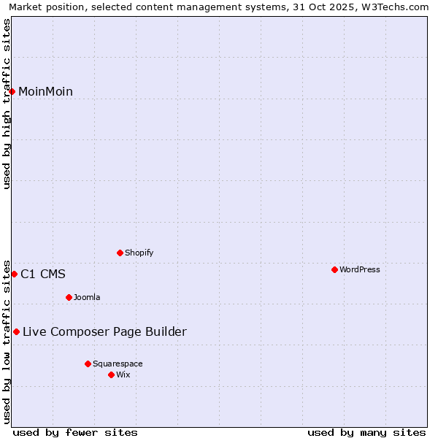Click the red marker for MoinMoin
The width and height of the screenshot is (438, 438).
coord(12,91)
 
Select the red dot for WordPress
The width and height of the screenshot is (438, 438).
coord(334,269)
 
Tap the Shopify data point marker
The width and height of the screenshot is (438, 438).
coord(120,253)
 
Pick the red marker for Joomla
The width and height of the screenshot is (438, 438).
coord(69,297)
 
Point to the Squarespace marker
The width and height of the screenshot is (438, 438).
coord(88,364)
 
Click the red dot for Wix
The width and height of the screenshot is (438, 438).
coord(111,374)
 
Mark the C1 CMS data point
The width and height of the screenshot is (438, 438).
coord(14,274)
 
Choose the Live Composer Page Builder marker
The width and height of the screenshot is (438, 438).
coord(16,331)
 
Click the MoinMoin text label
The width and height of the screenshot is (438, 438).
coord(45,91)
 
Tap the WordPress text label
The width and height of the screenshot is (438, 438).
coord(359,269)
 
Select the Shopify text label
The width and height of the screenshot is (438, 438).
coord(139,253)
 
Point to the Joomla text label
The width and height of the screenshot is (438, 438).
coord(87,297)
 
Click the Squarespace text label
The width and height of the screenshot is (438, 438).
coord(118,364)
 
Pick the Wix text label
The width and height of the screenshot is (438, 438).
coord(123,374)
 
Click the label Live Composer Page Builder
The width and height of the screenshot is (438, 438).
coord(104,331)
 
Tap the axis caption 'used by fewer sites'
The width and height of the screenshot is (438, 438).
coord(75,432)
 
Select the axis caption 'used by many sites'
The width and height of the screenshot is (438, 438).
coord(366,432)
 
